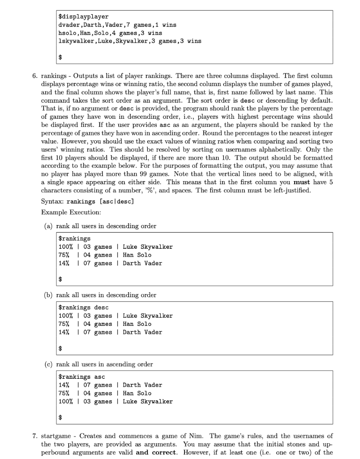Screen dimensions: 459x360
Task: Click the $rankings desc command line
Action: (x=84, y=307)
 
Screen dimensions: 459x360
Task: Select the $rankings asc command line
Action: (x=82, y=377)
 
